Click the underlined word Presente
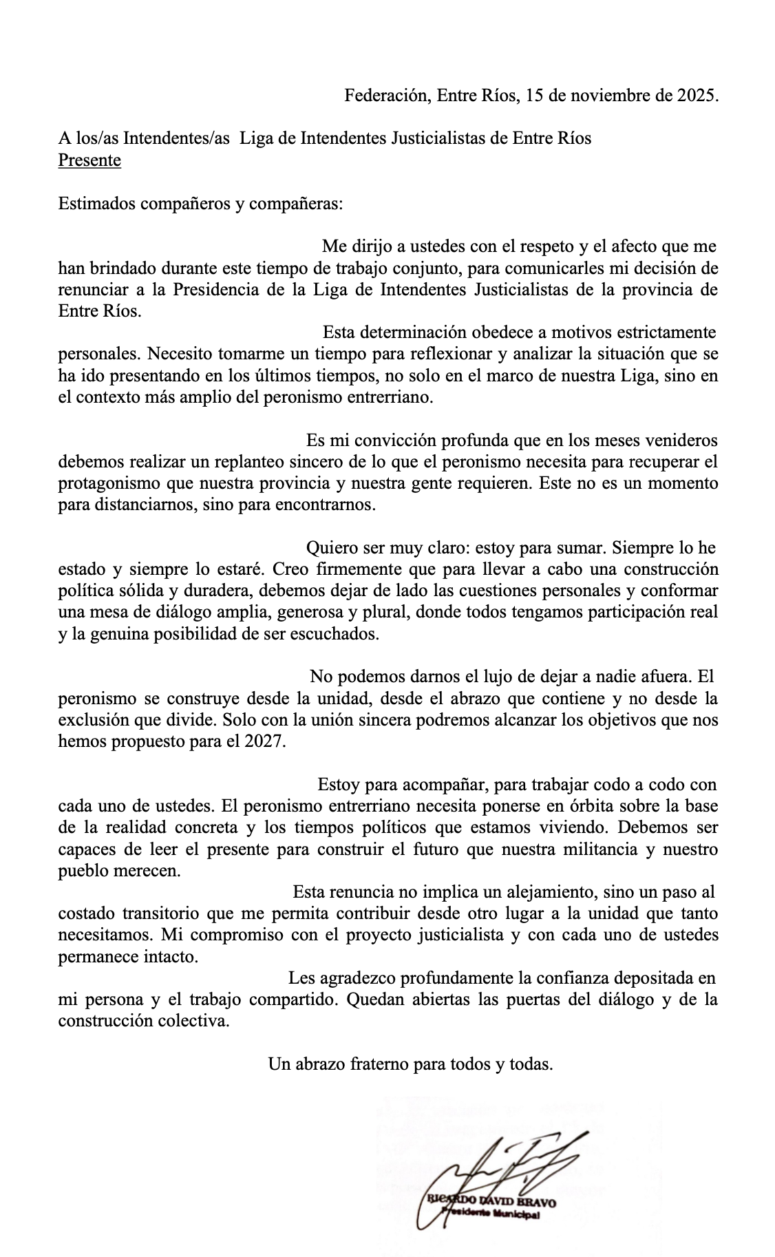pyautogui.click(x=89, y=160)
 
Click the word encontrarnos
pyautogui.click(x=328, y=505)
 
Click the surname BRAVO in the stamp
pyautogui.click(x=536, y=1201)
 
